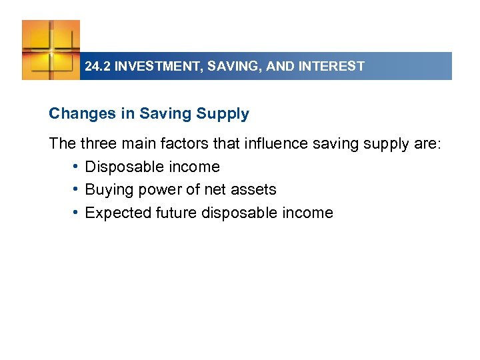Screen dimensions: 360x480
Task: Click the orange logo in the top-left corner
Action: (51, 49)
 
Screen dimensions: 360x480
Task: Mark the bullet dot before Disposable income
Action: (77, 166)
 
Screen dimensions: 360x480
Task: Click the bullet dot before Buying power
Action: (77, 189)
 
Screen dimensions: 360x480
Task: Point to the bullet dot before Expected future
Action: (77, 213)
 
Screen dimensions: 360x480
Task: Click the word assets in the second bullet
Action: (253, 190)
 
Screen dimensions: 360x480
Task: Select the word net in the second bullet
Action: (215, 190)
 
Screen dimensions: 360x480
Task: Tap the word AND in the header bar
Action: (277, 67)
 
